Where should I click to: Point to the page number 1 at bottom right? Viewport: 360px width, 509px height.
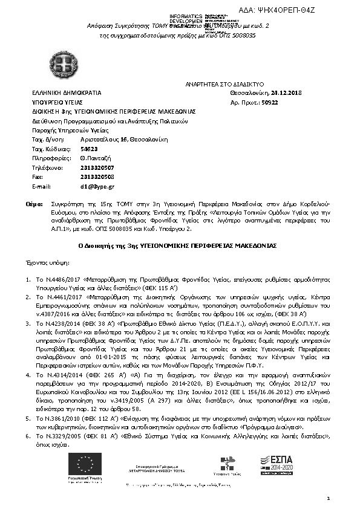328,498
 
